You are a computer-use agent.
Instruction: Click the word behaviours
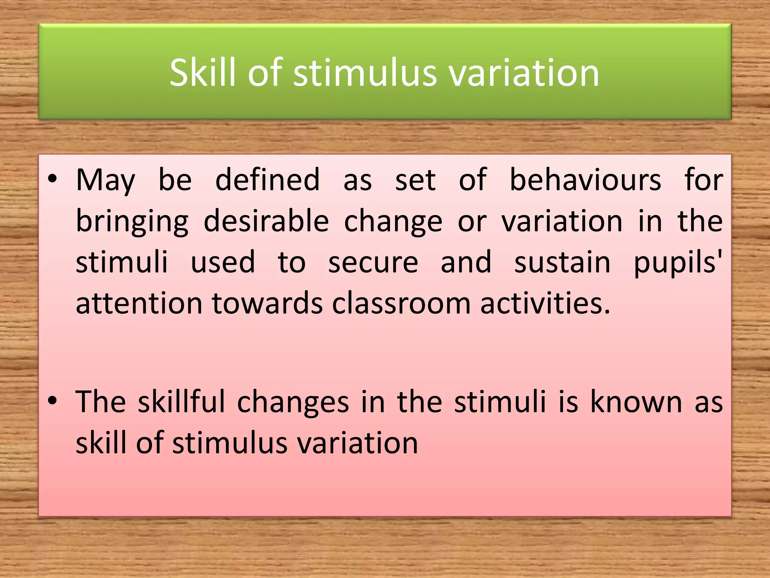585,180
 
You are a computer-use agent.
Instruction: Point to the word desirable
266,221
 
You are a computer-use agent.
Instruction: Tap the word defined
267,180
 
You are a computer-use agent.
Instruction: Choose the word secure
373,262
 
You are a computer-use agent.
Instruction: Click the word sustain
562,262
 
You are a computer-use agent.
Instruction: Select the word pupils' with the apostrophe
678,263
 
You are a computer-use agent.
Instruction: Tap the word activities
545,303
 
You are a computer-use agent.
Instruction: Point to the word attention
139,303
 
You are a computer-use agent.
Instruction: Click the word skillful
181,402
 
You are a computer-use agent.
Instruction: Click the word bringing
132,222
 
